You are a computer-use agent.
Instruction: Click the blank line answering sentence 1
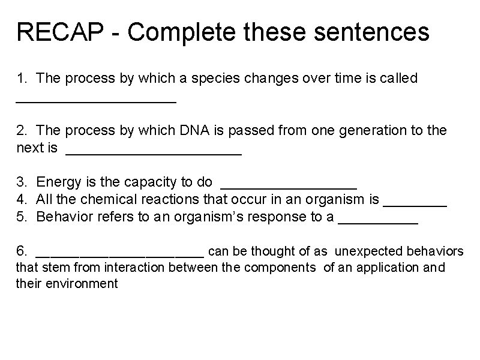tap(96, 101)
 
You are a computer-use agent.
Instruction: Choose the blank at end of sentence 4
tap(415, 203)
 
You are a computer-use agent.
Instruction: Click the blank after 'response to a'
tap(378, 221)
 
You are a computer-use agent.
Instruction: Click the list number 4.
tap(22, 199)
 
